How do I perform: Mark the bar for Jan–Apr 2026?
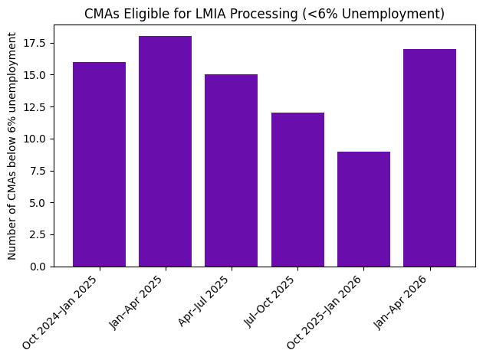(x=429, y=157)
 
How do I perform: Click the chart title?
(x=264, y=14)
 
